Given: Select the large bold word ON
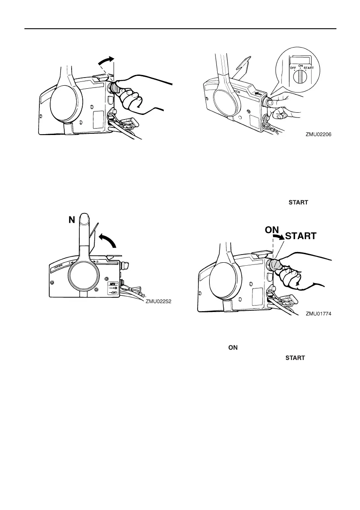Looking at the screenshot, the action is click(x=272, y=230).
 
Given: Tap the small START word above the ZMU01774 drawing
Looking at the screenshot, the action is click(x=298, y=202).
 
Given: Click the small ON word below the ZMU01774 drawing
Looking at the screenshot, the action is click(x=233, y=348).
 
